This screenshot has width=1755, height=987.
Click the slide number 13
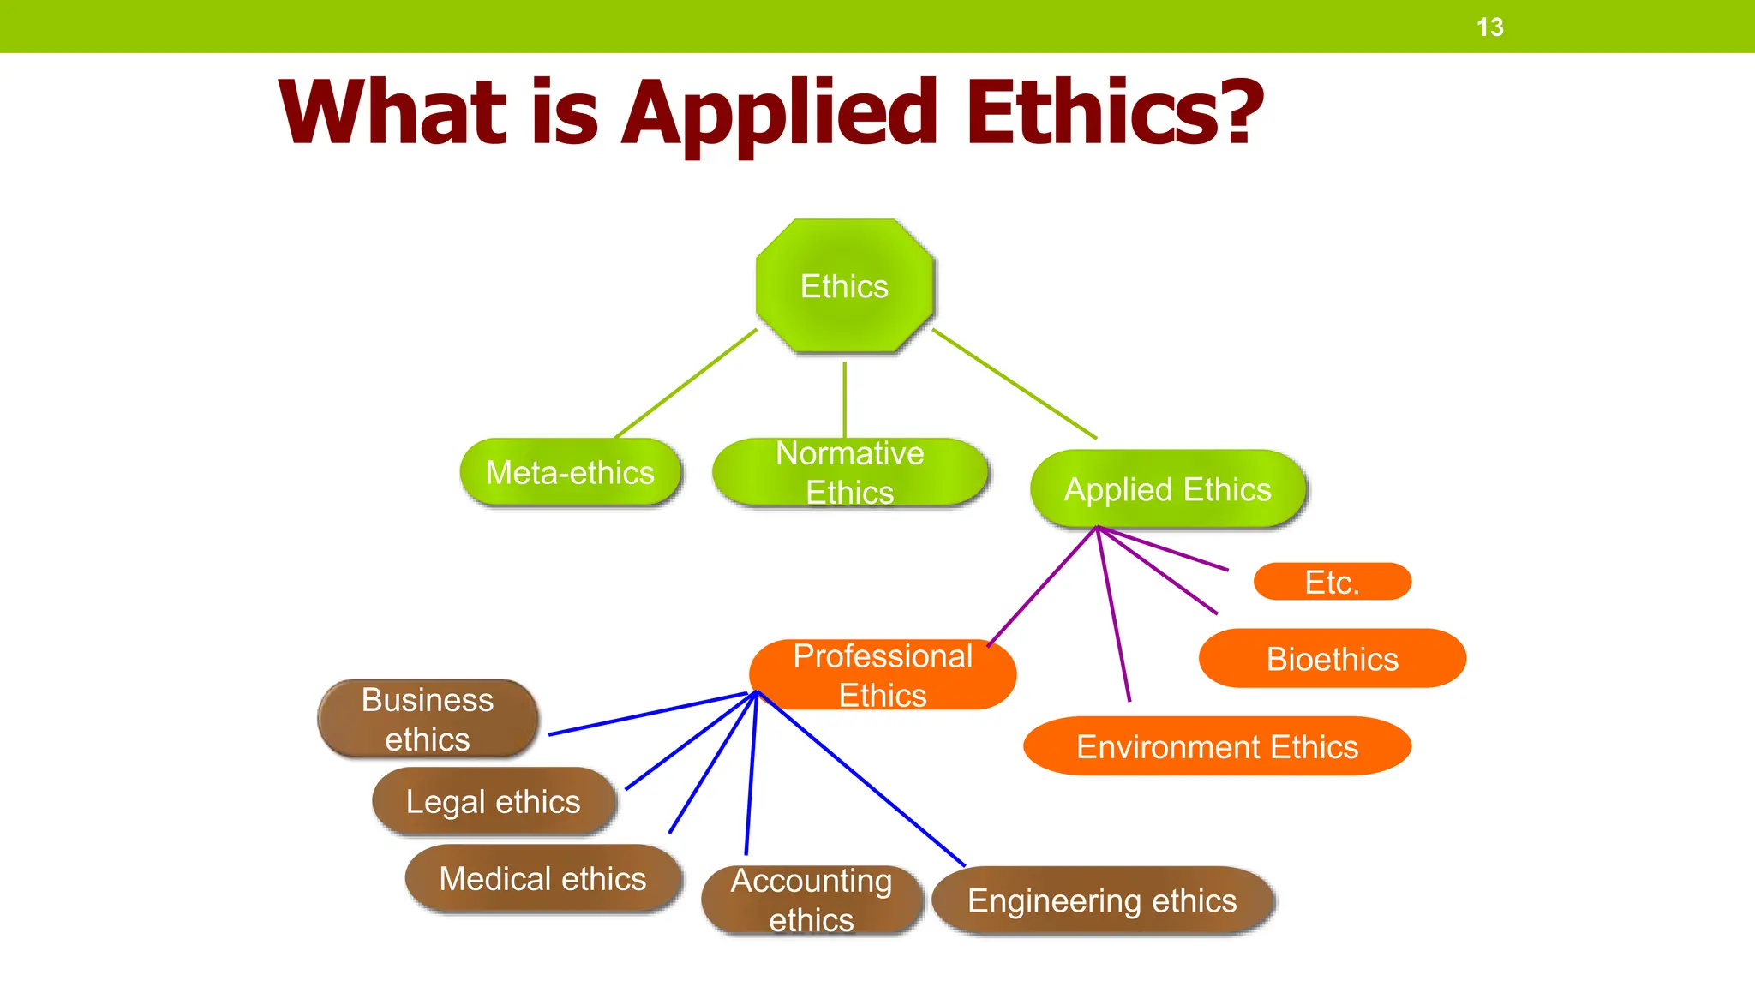pyautogui.click(x=1489, y=27)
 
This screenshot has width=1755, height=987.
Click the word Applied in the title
pyautogui.click(x=780, y=113)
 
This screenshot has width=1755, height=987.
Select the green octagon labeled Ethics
pyautogui.click(x=844, y=286)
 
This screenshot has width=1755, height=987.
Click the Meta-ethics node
pyautogui.click(x=570, y=473)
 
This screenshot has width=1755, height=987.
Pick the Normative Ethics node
pyautogui.click(x=849, y=473)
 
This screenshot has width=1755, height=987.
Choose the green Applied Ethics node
pyautogui.click(x=1167, y=489)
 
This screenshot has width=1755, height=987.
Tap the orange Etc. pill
pyautogui.click(x=1332, y=583)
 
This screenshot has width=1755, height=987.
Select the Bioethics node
pyautogui.click(x=1332, y=659)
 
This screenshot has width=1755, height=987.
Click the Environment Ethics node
pyautogui.click(x=1217, y=747)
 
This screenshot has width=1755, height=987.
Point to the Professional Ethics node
pyautogui.click(x=883, y=675)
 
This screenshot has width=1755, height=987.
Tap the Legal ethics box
pyautogui.click(x=493, y=802)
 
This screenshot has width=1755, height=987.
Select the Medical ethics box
pyautogui.click(x=542, y=879)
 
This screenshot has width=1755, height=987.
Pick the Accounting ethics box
pyautogui.click(x=811, y=900)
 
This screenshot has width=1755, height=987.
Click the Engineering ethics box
pyautogui.click(x=1102, y=901)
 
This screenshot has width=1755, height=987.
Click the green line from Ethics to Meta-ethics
pyautogui.click(x=686, y=383)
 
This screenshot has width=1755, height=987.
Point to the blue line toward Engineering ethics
pyautogui.click(x=861, y=779)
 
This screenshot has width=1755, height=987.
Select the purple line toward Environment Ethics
pyautogui.click(x=1113, y=614)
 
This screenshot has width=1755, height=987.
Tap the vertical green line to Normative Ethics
pyautogui.click(x=844, y=399)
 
